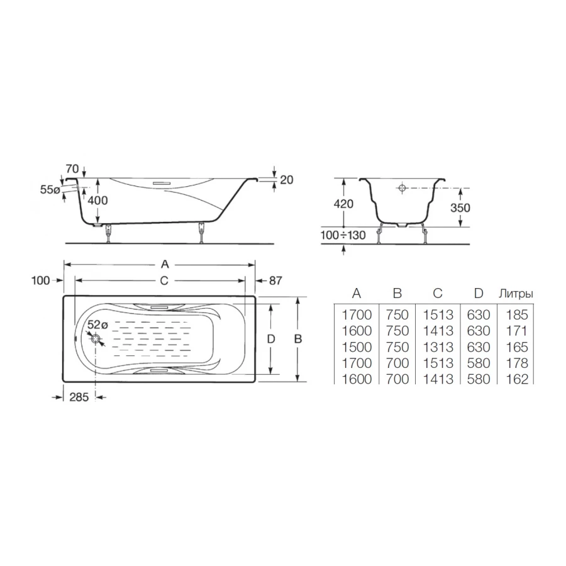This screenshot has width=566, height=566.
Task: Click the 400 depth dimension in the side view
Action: [97, 200]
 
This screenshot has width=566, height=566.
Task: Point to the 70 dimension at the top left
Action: [72, 168]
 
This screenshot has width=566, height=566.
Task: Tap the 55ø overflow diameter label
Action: [50, 189]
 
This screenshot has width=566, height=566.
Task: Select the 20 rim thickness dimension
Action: [287, 179]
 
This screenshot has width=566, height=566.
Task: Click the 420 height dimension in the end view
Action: [343, 204]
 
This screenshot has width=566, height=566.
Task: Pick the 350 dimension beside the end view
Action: [460, 208]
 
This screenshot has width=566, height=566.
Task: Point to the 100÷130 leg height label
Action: [343, 235]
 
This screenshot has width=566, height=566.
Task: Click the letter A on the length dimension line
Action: [165, 265]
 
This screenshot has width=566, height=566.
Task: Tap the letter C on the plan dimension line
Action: [164, 280]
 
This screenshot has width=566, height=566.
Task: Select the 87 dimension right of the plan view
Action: [275, 280]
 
